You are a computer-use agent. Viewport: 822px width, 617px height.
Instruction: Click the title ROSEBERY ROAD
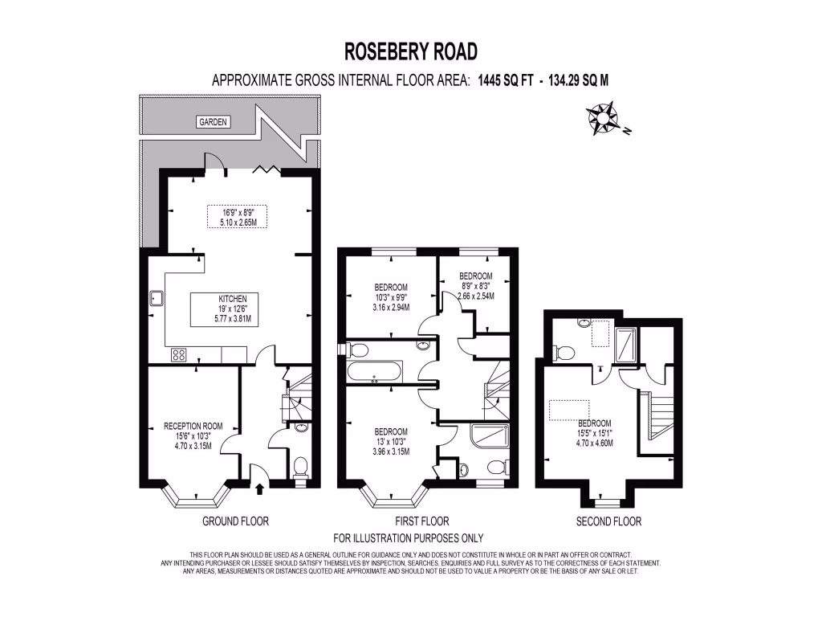[411, 51]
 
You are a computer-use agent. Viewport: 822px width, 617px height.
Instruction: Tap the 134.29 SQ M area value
[578, 80]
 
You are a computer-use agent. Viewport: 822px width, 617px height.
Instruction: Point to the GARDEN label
[214, 122]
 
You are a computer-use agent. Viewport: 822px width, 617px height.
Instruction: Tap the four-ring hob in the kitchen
[178, 353]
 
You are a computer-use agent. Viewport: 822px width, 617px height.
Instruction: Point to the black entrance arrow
[259, 485]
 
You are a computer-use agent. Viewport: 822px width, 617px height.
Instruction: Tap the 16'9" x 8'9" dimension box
[237, 217]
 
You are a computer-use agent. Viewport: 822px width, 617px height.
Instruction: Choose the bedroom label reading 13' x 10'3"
[391, 441]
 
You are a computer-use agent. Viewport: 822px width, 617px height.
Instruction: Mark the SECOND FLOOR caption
[608, 521]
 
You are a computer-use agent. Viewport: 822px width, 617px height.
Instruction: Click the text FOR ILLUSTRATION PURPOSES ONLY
[409, 538]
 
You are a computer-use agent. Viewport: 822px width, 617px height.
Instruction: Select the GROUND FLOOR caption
[235, 521]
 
